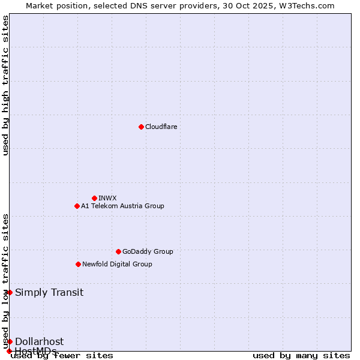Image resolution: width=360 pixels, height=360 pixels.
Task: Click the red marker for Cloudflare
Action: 141,127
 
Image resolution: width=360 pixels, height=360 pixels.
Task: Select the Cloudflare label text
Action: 161,127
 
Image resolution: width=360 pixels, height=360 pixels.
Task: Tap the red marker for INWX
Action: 94,198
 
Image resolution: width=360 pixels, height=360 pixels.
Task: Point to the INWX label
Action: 107,198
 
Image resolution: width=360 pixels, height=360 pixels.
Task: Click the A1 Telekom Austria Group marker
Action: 77,206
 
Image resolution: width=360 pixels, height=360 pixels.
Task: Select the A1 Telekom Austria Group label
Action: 122,206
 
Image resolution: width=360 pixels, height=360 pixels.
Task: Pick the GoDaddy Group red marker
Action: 118,251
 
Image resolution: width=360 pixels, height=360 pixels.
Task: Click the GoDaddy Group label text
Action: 147,251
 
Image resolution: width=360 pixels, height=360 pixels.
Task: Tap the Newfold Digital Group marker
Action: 78,264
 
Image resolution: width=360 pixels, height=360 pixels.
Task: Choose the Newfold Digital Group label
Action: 117,264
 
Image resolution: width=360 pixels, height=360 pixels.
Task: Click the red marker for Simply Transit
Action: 10,292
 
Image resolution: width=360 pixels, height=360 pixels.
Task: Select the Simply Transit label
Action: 49,292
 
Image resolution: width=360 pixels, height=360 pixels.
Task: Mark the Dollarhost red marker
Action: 10,341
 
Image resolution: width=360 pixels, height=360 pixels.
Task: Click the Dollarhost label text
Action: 39,341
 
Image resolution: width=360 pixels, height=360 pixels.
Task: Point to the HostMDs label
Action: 36,350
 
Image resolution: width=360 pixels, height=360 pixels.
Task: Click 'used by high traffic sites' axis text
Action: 5,85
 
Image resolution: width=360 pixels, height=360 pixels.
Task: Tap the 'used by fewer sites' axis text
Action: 62,356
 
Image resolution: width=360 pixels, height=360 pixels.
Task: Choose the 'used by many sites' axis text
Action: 301,356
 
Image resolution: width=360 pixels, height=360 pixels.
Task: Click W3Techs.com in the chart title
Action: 308,5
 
